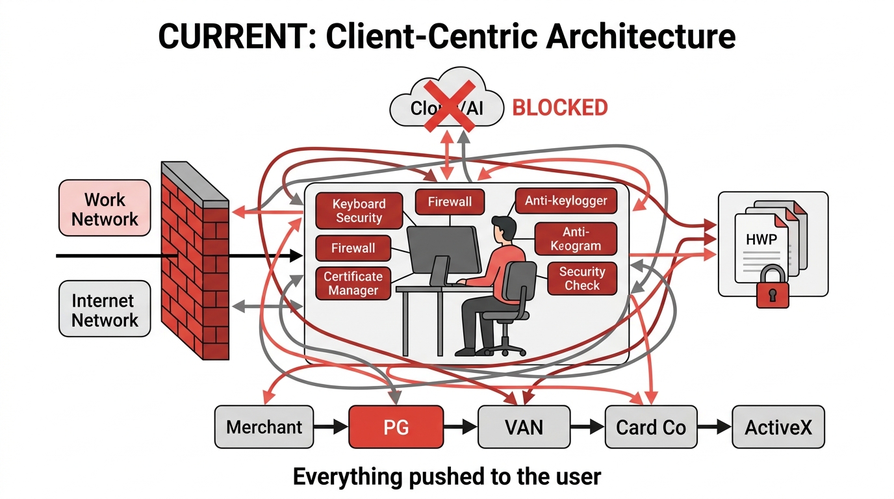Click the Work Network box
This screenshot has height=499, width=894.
click(105, 209)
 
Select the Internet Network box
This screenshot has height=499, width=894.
click(105, 309)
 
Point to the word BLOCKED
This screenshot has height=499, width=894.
click(560, 107)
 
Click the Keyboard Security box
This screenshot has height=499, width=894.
click(359, 211)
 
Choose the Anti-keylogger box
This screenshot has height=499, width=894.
click(566, 201)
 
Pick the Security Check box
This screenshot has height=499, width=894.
click(581, 278)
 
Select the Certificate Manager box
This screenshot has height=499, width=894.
click(353, 283)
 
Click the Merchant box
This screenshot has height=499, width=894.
click(264, 427)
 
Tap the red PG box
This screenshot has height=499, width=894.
click(396, 427)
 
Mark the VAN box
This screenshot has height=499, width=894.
click(524, 427)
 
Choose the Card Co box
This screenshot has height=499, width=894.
click(650, 427)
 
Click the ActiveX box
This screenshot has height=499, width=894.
click(778, 427)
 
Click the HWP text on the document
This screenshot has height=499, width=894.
click(761, 240)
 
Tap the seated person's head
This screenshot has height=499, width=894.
click(504, 229)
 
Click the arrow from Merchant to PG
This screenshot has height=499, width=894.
click(331, 428)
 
